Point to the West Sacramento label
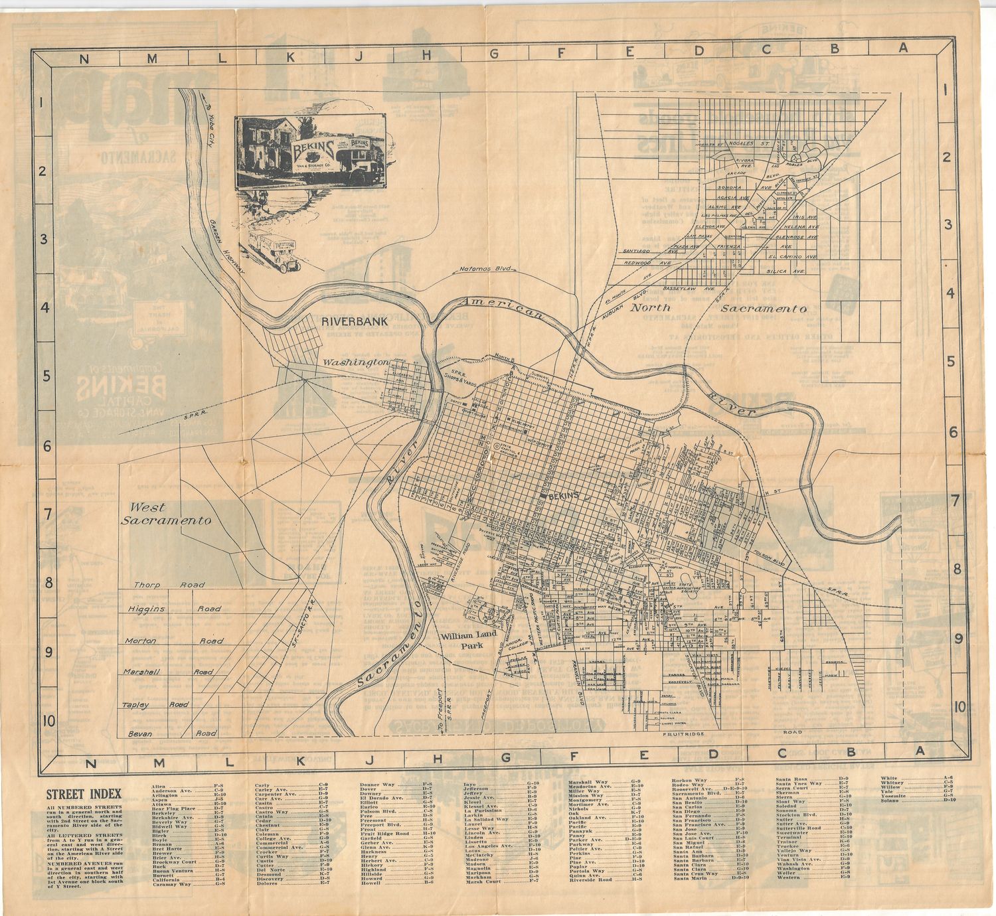[166, 514]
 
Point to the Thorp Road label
[169, 585]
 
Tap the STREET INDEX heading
[84, 794]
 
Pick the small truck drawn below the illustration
[274, 252]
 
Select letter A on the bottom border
[920, 751]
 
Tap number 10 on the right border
[959, 708]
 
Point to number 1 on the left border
[41, 103]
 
